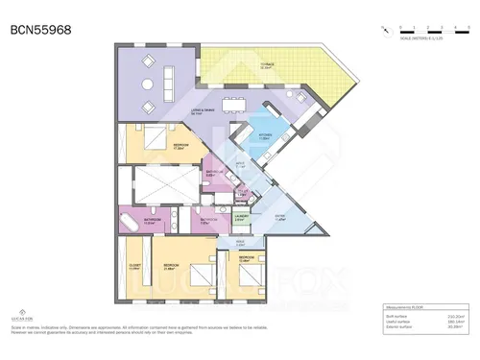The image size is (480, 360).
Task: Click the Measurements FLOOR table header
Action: tap(403, 308)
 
